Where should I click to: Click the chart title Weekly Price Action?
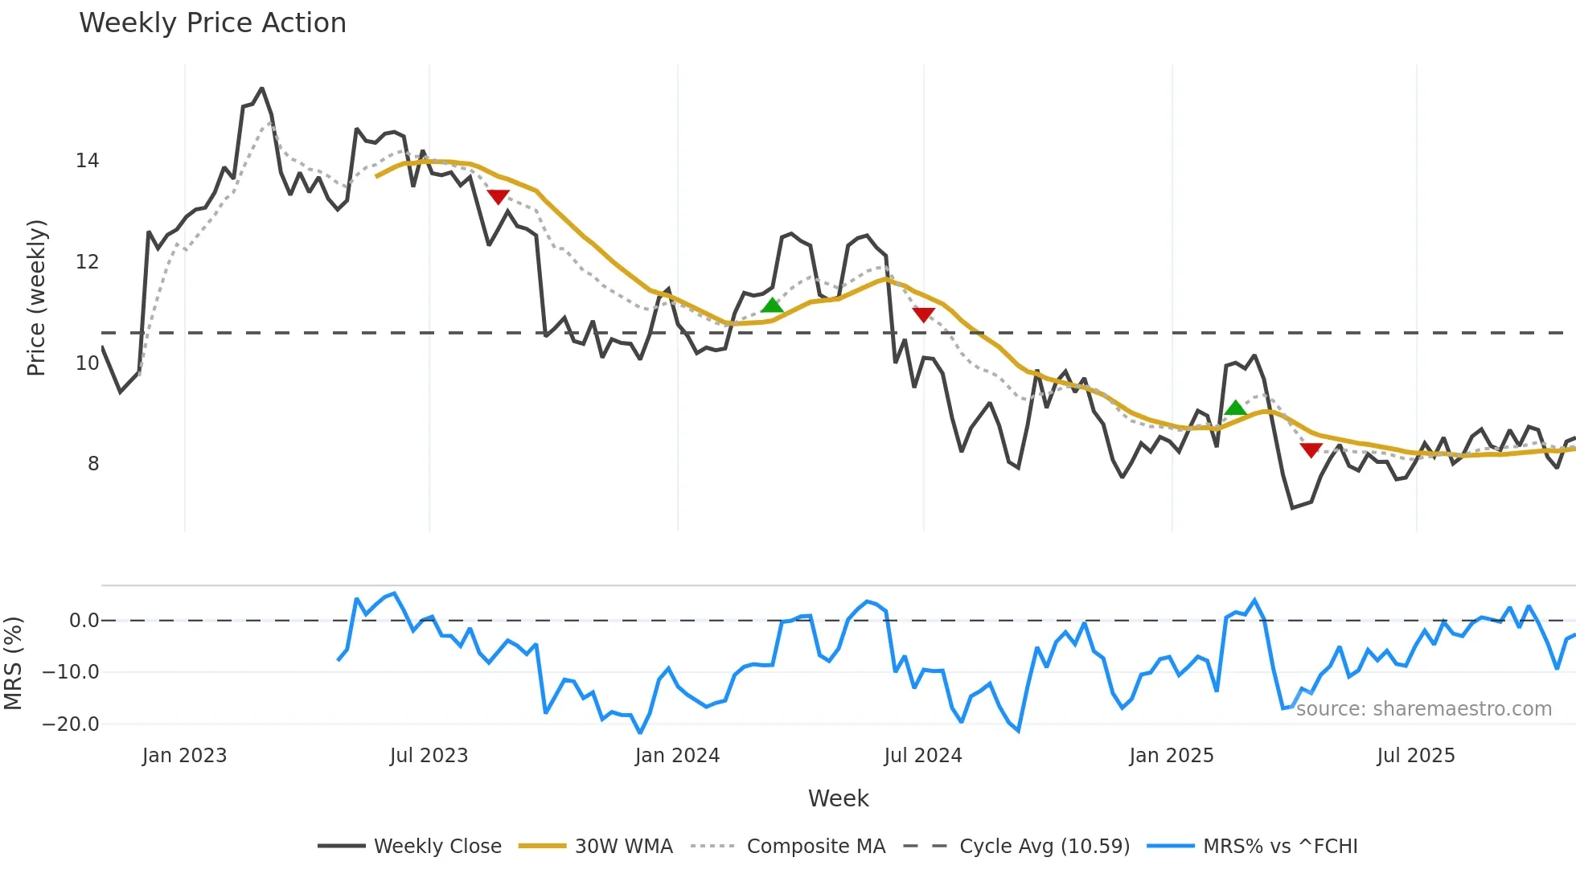tap(212, 23)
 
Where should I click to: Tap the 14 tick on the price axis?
tap(88, 161)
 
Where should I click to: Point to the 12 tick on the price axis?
tap(88, 262)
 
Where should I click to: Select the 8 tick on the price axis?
tap(93, 464)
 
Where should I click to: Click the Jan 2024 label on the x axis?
tap(677, 756)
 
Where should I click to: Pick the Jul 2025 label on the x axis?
tap(1416, 756)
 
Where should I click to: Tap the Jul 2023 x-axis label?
tap(429, 756)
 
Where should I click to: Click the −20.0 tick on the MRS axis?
tap(71, 724)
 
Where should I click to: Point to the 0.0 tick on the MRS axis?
tap(84, 621)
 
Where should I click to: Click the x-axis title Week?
tap(838, 798)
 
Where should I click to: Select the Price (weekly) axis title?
tap(36, 297)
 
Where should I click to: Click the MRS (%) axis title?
tap(13, 663)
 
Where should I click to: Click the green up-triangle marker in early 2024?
tap(772, 306)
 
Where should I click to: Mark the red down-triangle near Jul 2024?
tap(924, 314)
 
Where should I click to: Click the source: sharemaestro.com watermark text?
tap(1423, 709)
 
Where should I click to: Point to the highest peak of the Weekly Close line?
tap(262, 89)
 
